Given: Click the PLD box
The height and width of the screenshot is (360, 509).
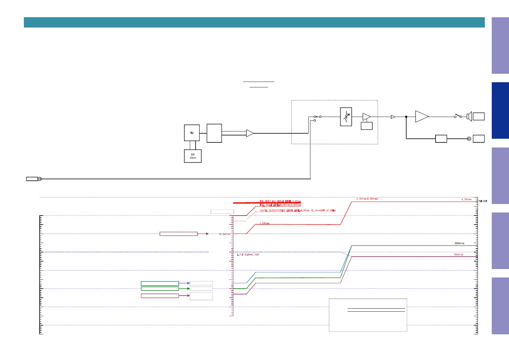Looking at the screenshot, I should point(192,133).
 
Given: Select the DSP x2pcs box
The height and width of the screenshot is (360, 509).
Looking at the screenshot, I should point(193,156).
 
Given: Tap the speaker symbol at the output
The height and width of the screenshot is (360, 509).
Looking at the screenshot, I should point(469,116).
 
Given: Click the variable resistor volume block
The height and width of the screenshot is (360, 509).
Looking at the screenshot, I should point(346,116).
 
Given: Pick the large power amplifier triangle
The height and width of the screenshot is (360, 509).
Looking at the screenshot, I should point(422,116).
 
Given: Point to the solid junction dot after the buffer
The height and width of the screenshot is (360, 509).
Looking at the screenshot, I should point(406,117).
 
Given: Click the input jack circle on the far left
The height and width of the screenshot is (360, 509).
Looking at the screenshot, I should point(40,179).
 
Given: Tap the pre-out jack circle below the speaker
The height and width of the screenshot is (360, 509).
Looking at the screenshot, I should point(469,139).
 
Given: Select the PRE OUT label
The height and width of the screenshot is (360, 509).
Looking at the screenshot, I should point(482,201).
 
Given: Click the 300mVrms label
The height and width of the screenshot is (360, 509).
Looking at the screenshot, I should point(459,243).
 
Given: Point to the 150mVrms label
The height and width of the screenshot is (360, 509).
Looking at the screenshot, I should point(458,255).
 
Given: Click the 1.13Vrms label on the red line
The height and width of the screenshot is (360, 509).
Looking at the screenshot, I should point(264,223).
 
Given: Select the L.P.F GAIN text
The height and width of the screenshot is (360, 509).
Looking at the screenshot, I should point(248,255).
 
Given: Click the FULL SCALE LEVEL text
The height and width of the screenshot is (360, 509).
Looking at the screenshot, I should point(280,205).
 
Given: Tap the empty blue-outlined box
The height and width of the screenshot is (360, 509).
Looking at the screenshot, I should point(160,284).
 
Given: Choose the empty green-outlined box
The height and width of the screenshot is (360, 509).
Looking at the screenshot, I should point(160,289).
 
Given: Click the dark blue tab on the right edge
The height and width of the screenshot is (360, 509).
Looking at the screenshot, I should point(500,110).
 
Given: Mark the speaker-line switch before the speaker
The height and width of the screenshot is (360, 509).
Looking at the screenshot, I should point(458,116).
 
